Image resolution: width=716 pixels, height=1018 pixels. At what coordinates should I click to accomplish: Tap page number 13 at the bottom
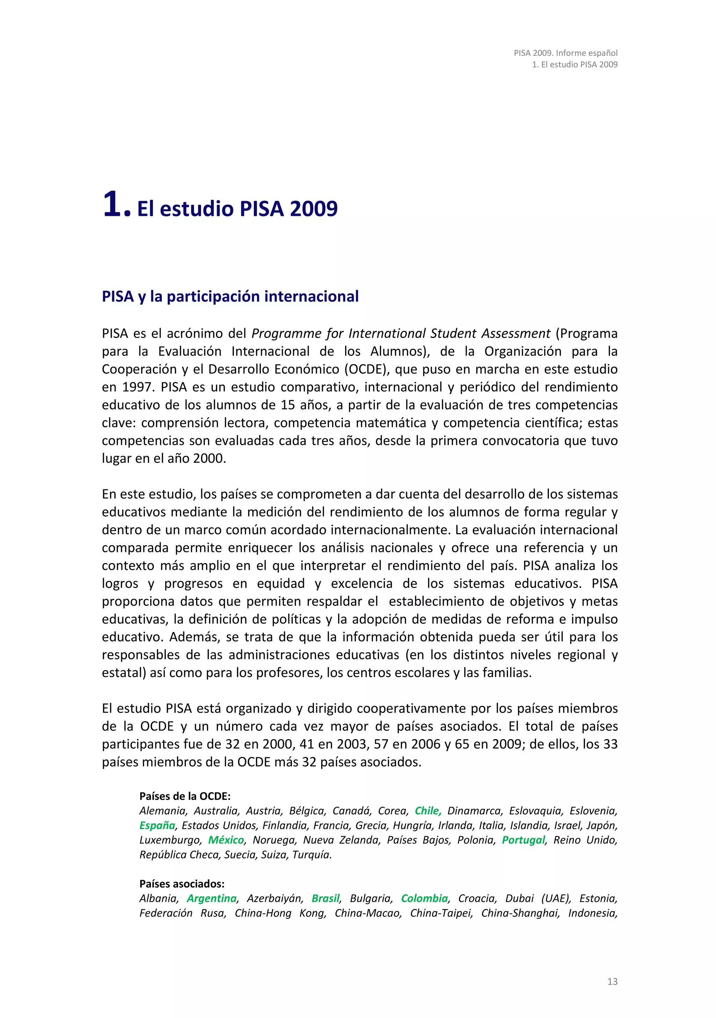pos(612,981)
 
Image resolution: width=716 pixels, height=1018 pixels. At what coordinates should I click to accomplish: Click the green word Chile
pos(427,811)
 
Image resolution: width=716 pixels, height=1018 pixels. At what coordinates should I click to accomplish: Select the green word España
pos(157,825)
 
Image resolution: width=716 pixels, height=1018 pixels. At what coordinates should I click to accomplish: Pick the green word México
pos(226,840)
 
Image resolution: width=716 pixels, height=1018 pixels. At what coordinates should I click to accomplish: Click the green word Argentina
pos(212,898)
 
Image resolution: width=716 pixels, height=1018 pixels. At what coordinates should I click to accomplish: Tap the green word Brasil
pos(325,898)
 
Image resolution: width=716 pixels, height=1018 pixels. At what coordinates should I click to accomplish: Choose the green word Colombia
pos(424,898)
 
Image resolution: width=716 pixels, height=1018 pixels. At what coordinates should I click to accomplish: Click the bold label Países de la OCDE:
pos(185,796)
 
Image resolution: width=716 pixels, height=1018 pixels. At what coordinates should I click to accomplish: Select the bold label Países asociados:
pos(182,884)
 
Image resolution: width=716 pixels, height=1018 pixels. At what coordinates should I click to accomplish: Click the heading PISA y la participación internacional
pos(230,296)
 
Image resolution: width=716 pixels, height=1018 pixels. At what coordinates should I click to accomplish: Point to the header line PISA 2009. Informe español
pos(565,53)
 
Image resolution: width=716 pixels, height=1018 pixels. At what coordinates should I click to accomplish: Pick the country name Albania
pos(158,898)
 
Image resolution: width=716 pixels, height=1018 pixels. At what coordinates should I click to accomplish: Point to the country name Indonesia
pos(592,913)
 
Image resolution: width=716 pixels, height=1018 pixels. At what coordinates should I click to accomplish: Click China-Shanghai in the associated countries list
pos(520,913)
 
